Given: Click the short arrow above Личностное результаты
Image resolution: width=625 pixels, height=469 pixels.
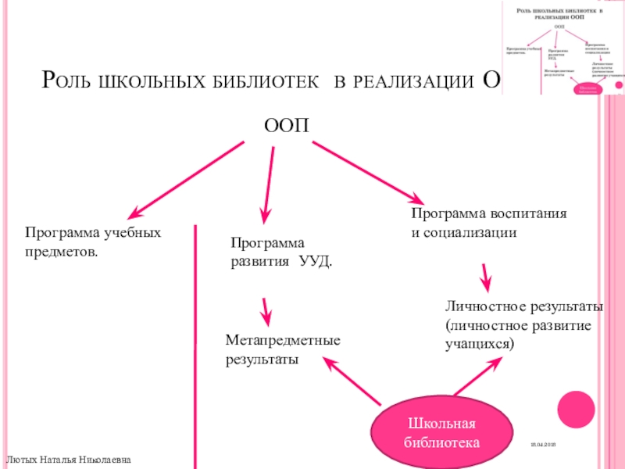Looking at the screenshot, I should pos(485,277).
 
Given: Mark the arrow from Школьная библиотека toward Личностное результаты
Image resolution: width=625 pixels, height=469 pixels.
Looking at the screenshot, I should pos(477,375).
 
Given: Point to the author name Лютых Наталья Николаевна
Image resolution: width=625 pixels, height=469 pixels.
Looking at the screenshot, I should pos(69,460).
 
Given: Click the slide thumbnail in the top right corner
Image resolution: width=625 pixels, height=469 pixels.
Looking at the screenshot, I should pos(562,47).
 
